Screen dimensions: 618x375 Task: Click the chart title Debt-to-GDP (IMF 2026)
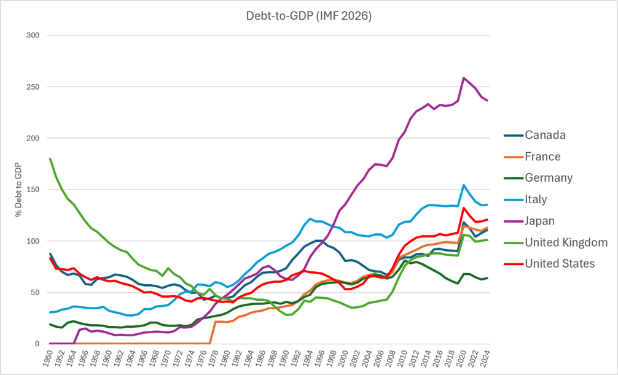[308, 16]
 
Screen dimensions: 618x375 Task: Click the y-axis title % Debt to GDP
[18, 190]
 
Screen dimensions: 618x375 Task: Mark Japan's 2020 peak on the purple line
[464, 77]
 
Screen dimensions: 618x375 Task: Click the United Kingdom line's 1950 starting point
[50, 159]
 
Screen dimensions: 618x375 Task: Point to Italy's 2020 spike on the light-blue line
[464, 185]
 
